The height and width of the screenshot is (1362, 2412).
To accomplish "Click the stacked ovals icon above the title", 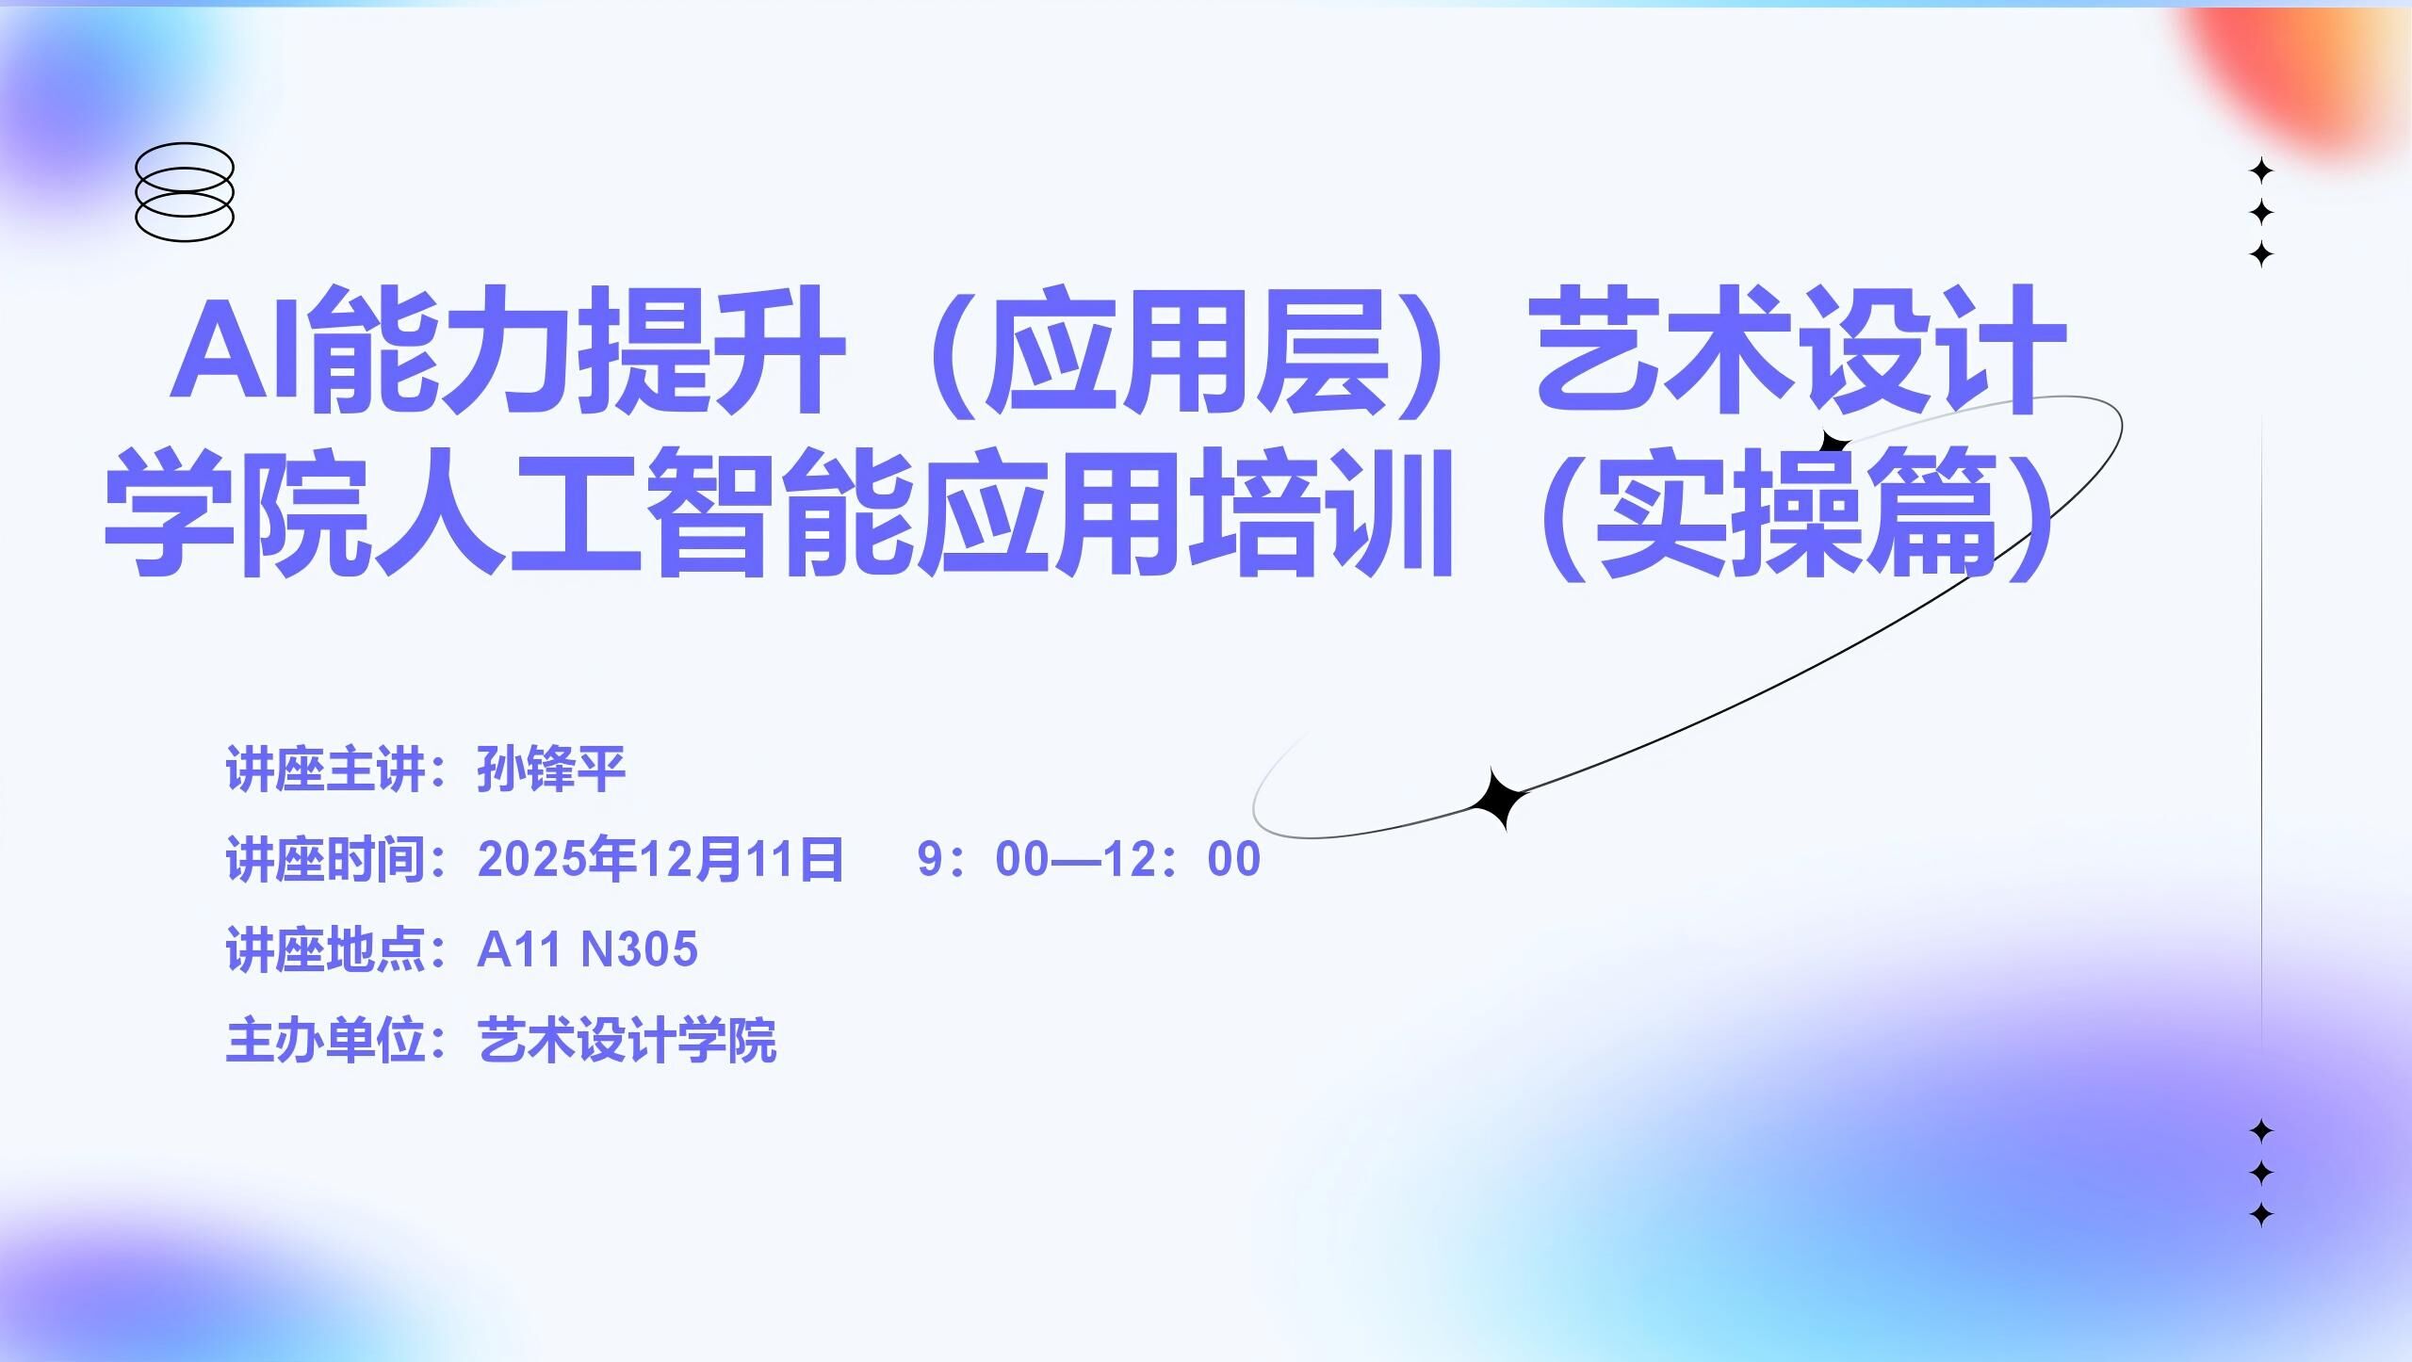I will coord(185,192).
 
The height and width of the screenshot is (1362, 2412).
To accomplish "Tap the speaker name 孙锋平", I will coord(551,770).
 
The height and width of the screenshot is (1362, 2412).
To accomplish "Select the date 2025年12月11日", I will coord(660,859).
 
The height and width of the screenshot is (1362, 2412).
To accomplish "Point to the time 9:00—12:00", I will coord(1088,859).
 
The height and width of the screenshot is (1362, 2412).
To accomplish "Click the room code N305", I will coord(640,949).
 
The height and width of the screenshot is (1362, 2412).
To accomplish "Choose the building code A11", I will coord(519,949).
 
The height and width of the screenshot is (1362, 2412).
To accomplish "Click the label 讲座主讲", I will coord(326,770).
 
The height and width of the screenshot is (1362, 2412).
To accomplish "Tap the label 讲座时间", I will coord(326,859).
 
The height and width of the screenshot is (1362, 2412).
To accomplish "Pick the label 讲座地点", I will coord(326,949).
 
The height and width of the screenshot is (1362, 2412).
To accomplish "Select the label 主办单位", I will coord(326,1040).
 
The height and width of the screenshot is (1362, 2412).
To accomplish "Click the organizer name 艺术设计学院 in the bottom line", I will coord(627,1040).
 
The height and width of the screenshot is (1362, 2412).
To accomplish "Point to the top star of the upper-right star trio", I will coord(2261,171).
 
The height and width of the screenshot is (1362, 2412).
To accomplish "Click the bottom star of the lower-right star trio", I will coord(2261,1214).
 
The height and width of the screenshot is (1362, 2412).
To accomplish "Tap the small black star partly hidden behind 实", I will coord(1833,442).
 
